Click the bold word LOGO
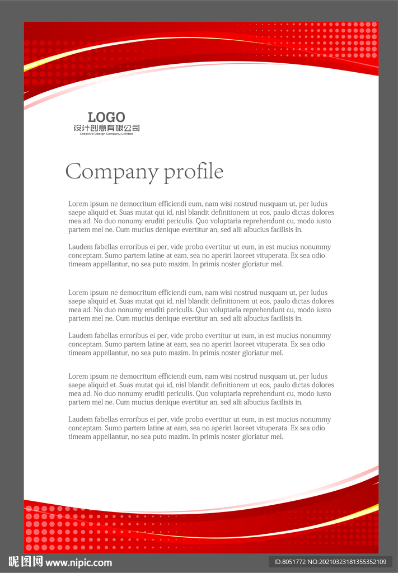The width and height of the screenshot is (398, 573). tap(106, 118)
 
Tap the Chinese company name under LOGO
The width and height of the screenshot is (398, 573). tap(106, 128)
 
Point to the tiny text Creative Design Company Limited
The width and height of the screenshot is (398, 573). tap(106, 134)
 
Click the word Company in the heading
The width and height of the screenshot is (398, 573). tap(112, 172)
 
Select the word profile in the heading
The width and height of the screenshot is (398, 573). tap(194, 172)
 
